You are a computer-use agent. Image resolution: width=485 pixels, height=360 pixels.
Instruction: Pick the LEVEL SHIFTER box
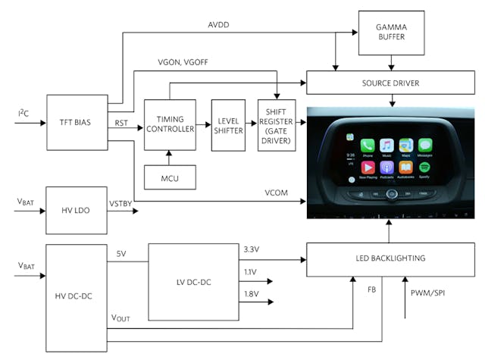pyautogui.click(x=230, y=123)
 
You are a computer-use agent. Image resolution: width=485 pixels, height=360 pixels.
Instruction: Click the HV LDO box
pyautogui.click(x=77, y=207)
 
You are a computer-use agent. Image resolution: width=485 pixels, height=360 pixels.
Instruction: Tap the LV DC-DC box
pyautogui.click(x=193, y=282)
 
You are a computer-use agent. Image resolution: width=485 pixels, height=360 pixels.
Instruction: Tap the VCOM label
pyautogui.click(x=276, y=193)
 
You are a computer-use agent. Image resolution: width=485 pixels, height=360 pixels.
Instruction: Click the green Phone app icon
pyautogui.click(x=368, y=145)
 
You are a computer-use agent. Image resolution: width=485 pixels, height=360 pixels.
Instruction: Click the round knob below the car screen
pyautogui.click(x=391, y=193)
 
